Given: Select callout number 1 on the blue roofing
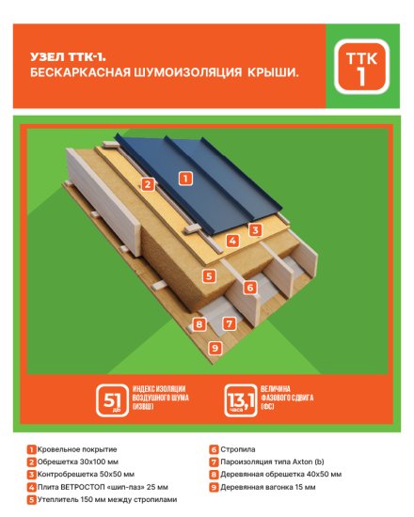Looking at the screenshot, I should tap(185, 177).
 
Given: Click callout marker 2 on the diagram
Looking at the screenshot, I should tap(148, 184).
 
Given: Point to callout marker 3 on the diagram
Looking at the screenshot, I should tap(254, 229).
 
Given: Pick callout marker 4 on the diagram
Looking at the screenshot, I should tap(232, 241).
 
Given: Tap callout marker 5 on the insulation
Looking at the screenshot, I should tap(210, 276).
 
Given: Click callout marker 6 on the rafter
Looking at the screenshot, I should tap(249, 288).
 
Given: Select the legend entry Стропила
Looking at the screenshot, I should tap(235, 450).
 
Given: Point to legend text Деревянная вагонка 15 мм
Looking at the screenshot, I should tap(273, 487).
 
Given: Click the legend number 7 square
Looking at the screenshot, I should tap(214, 462).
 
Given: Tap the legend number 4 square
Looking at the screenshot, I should tap(31, 487).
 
